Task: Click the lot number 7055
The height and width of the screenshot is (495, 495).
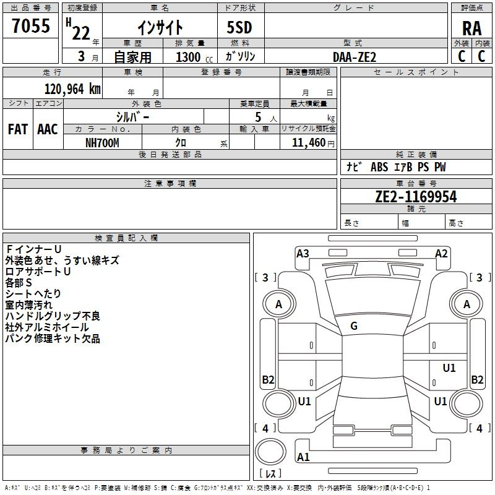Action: point(31,26)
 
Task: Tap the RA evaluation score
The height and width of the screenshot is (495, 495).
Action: point(471,28)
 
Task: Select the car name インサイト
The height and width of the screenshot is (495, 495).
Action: point(160,27)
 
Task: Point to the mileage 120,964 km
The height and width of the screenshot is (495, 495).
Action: point(72,88)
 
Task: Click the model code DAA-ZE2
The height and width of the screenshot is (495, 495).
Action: point(355,56)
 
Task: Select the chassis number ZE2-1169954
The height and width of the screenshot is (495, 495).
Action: point(416,197)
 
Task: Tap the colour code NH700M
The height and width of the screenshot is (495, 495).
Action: point(102,142)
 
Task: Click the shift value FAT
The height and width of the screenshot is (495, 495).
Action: point(17,129)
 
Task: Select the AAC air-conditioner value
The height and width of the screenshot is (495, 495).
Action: point(47,129)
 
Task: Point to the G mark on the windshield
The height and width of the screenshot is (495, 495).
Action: point(354,326)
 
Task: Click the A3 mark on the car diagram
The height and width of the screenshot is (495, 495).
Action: point(303,253)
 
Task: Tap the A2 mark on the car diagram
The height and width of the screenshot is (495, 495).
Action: point(441,253)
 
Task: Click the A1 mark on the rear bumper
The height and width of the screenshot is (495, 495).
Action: point(303,457)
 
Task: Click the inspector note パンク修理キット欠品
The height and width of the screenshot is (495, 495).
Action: point(53,338)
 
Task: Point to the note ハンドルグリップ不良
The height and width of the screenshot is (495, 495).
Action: point(53,316)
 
